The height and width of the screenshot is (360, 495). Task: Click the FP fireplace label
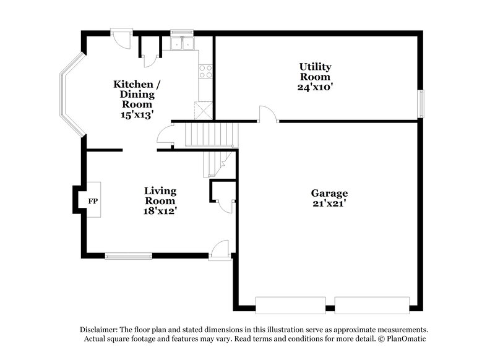pyautogui.click(x=93, y=201)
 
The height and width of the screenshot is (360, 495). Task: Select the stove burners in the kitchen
pyautogui.click(x=205, y=71)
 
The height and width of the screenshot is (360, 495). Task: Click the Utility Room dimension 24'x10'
pyautogui.click(x=316, y=87)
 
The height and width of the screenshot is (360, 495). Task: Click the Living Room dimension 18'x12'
pyautogui.click(x=160, y=211)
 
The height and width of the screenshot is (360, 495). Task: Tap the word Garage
pyautogui.click(x=329, y=193)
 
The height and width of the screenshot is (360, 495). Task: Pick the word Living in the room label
pyautogui.click(x=160, y=191)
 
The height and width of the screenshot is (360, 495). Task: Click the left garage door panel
pyautogui.click(x=291, y=305)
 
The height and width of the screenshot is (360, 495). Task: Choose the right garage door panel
pyautogui.click(x=372, y=305)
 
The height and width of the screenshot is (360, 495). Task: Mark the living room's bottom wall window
pyautogui.click(x=128, y=255)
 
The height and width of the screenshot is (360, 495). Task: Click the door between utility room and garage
pyautogui.click(x=268, y=114)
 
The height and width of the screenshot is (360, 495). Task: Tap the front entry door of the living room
pyautogui.click(x=220, y=252)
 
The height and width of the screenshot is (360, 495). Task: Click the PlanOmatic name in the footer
pyautogui.click(x=406, y=339)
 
